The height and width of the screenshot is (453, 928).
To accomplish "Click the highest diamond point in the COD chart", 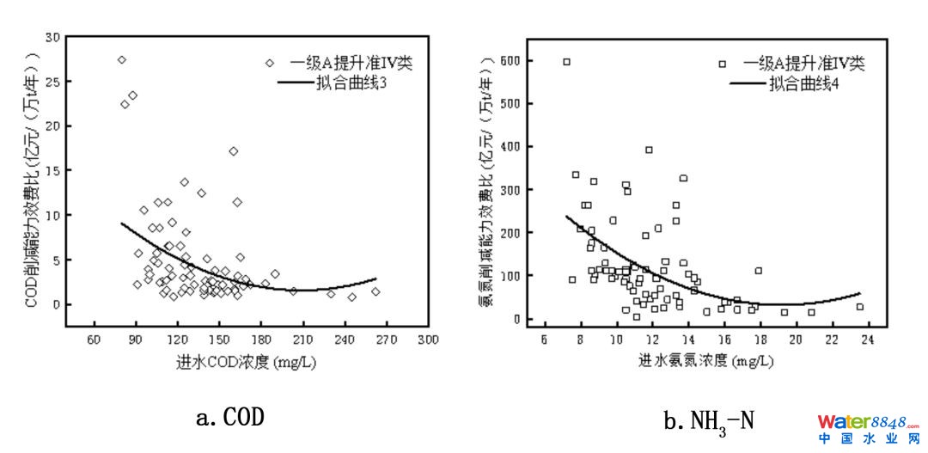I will (121, 60).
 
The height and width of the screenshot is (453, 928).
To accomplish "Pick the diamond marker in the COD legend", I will (270, 63).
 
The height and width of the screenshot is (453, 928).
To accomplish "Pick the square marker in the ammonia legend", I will (723, 64).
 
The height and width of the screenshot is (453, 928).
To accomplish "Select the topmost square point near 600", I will (566, 62).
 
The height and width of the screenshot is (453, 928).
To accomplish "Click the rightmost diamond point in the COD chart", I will (375, 291).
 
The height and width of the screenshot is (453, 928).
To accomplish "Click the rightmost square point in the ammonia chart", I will (859, 307).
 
